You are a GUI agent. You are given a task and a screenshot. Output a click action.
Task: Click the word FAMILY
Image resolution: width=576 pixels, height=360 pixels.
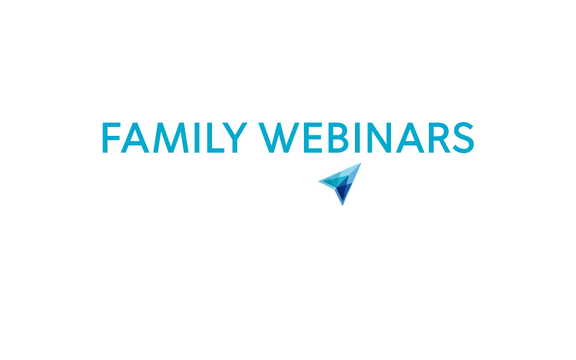click(175, 138)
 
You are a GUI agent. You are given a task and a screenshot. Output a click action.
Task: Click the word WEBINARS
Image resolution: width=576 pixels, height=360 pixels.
click(366, 138)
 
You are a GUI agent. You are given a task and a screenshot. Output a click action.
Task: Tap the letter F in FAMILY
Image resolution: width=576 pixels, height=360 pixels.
click(111, 138)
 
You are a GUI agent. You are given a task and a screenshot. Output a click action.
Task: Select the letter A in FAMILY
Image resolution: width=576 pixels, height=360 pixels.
click(135, 138)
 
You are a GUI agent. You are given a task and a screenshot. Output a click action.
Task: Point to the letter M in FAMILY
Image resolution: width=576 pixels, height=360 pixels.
click(171, 138)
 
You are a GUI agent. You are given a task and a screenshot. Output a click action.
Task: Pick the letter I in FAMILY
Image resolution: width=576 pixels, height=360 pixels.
click(197, 138)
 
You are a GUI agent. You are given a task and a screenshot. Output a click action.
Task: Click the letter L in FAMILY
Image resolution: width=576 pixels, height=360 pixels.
click(216, 138)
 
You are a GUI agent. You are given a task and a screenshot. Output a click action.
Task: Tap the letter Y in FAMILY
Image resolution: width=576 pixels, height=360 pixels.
click(235, 138)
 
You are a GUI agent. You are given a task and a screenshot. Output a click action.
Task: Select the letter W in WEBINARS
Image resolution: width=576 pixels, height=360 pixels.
click(279, 138)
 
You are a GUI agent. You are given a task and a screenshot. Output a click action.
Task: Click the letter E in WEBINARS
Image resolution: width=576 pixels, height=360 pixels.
click(313, 138)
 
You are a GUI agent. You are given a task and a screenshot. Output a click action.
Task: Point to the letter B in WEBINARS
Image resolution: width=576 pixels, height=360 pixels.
click(338, 138)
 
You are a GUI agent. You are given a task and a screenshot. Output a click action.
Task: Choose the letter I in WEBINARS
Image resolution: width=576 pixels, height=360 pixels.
click(357, 138)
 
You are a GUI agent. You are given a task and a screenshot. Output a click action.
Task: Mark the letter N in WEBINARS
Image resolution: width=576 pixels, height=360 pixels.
click(379, 138)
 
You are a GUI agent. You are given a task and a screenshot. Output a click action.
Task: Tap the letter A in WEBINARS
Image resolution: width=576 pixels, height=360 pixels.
click(410, 138)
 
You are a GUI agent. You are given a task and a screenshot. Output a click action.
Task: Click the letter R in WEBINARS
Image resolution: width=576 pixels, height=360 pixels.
click(439, 138)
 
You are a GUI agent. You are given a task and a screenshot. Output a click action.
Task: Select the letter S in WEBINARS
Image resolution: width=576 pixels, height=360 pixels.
click(464, 138)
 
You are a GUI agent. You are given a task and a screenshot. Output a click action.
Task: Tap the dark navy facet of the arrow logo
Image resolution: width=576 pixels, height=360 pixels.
click(342, 192)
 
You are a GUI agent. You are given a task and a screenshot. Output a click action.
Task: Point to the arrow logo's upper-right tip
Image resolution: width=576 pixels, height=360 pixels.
click(362, 162)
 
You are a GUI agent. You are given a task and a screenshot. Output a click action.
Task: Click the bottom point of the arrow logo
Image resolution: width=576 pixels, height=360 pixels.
click(343, 206)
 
